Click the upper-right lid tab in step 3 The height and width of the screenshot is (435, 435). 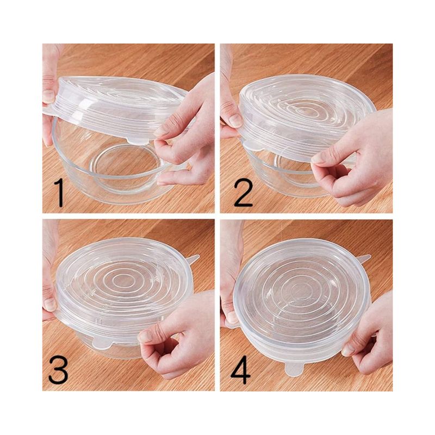click(194, 258)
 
